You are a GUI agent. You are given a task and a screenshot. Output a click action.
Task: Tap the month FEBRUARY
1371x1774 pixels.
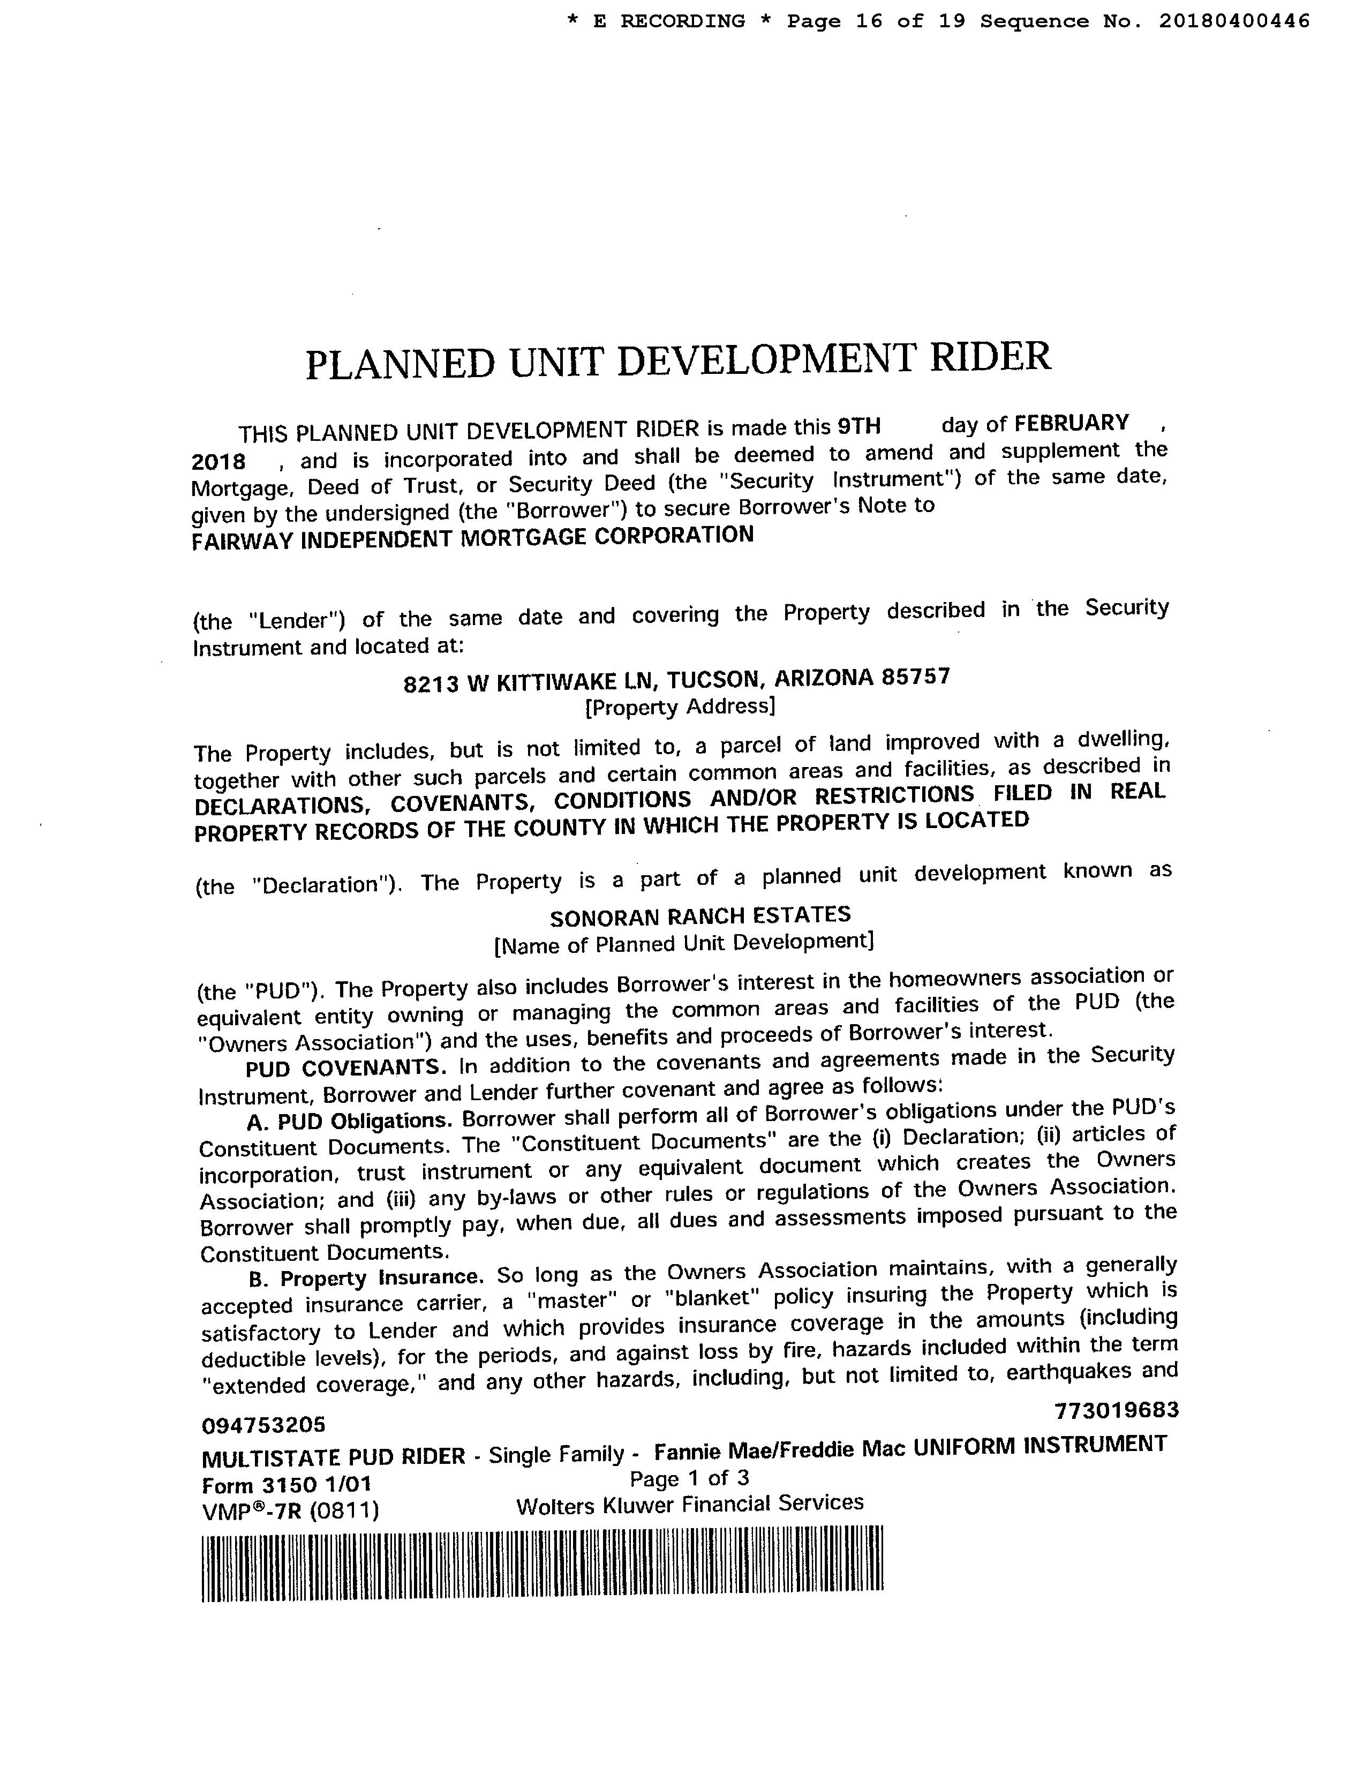point(1072,423)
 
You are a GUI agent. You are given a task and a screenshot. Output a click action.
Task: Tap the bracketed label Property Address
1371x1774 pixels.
point(680,706)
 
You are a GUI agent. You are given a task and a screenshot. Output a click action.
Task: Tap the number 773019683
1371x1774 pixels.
point(1116,1411)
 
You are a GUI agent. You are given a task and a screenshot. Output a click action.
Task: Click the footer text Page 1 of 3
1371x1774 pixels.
point(689,1478)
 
